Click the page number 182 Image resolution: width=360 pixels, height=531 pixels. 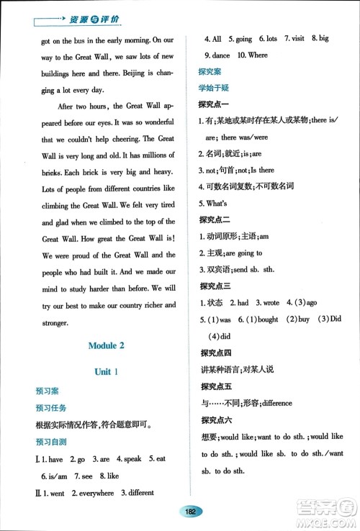[191, 512]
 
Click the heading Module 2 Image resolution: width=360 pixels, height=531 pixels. [106, 345]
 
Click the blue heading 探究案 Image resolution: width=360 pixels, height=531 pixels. [210, 71]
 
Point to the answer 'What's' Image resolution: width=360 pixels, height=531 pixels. [217, 202]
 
